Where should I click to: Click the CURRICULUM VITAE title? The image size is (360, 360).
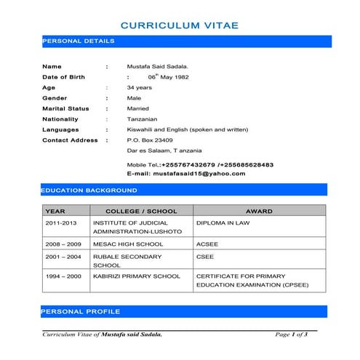[179, 25]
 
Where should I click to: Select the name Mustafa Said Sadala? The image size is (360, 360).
[157, 66]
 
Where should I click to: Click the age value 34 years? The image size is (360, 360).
[140, 87]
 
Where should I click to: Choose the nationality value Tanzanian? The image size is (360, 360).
[142, 119]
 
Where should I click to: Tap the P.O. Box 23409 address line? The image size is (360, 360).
[150, 140]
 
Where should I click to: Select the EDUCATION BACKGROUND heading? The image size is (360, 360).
[89, 190]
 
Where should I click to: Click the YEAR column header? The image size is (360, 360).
[55, 211]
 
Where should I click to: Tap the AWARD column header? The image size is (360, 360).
[259, 211]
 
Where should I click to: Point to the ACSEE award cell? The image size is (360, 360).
[207, 244]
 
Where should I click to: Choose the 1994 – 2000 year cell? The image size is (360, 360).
[63, 277]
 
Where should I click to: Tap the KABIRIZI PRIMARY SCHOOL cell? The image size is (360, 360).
[136, 277]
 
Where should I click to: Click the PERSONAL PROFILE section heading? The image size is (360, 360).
[80, 311]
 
